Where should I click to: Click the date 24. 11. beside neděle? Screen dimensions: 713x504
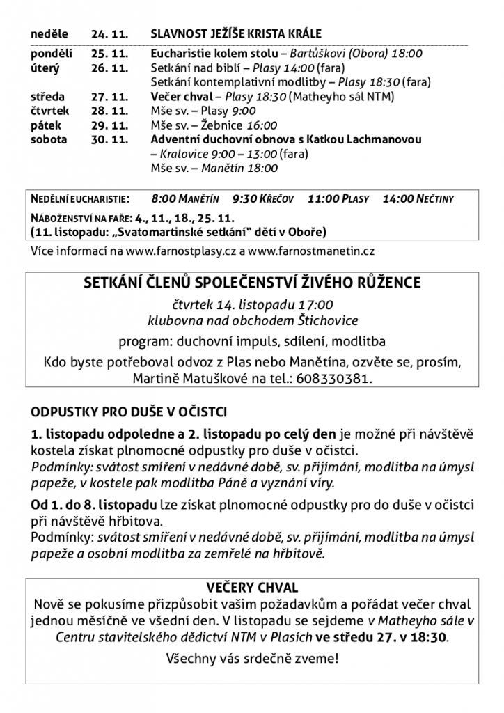[x=110, y=33]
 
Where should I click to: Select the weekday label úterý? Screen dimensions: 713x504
[x=45, y=68]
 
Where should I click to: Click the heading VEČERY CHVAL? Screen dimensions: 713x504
[x=251, y=588]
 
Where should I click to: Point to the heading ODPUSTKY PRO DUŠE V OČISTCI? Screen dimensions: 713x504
[x=129, y=412]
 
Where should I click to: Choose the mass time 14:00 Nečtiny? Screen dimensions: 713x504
[x=418, y=199]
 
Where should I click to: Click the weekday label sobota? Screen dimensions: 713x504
[x=49, y=140]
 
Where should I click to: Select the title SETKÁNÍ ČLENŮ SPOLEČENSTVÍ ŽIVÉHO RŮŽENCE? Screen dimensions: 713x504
[x=251, y=283]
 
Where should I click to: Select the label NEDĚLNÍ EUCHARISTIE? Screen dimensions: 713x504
[x=80, y=199]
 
